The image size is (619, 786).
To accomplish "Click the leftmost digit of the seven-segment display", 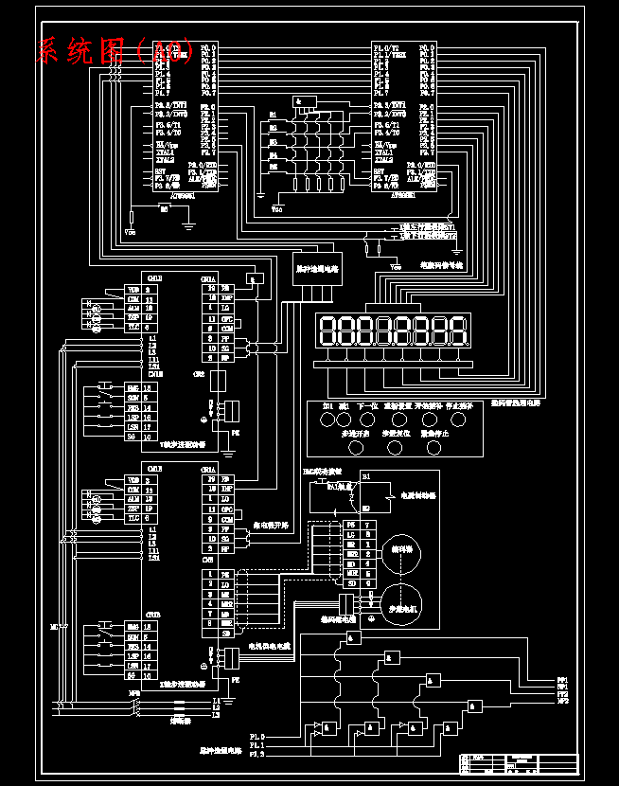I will tap(330, 330).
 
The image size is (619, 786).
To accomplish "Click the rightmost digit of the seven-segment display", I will tap(457, 330).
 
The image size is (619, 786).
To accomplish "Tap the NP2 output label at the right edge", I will tap(562, 701).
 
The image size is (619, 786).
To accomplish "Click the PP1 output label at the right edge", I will tap(562, 679).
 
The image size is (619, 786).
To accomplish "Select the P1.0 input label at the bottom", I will tap(257, 735).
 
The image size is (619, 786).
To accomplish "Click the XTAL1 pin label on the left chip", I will tap(167, 152).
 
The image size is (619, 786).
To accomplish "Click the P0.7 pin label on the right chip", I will tap(426, 93).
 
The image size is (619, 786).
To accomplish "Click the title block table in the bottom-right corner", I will tap(518, 763).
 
